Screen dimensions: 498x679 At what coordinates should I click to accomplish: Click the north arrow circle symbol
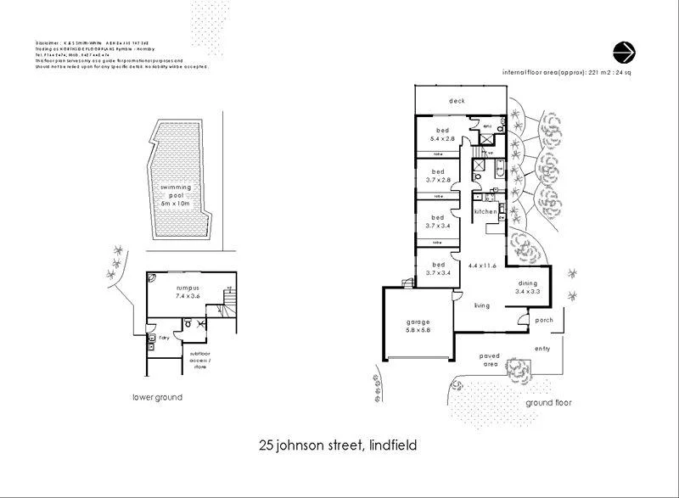pos(623,52)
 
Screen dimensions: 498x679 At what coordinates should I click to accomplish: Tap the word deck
pos(457,101)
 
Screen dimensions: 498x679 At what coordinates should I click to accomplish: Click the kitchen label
pos(485,211)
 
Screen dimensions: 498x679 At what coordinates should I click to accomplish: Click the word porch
pos(543,321)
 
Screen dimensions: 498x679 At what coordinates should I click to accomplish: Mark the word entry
pos(542,348)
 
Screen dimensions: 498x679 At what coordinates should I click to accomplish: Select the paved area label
pos(490,360)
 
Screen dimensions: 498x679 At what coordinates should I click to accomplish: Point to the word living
pos(484,305)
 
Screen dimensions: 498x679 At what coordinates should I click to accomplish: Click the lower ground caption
pos(157,397)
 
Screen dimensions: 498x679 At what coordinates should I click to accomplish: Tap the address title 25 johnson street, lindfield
pos(338,445)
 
